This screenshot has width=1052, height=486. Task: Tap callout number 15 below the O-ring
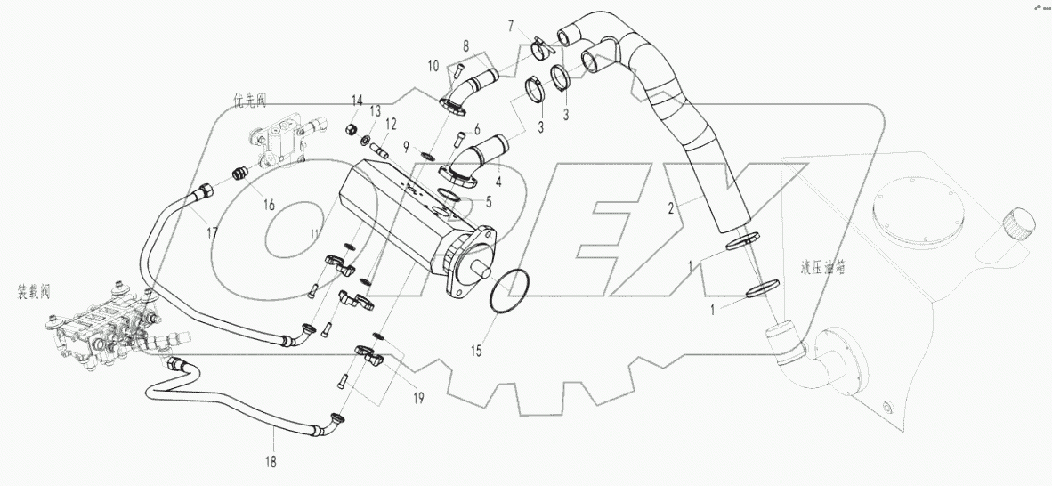[477, 350]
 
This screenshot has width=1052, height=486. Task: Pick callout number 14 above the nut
[357, 99]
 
